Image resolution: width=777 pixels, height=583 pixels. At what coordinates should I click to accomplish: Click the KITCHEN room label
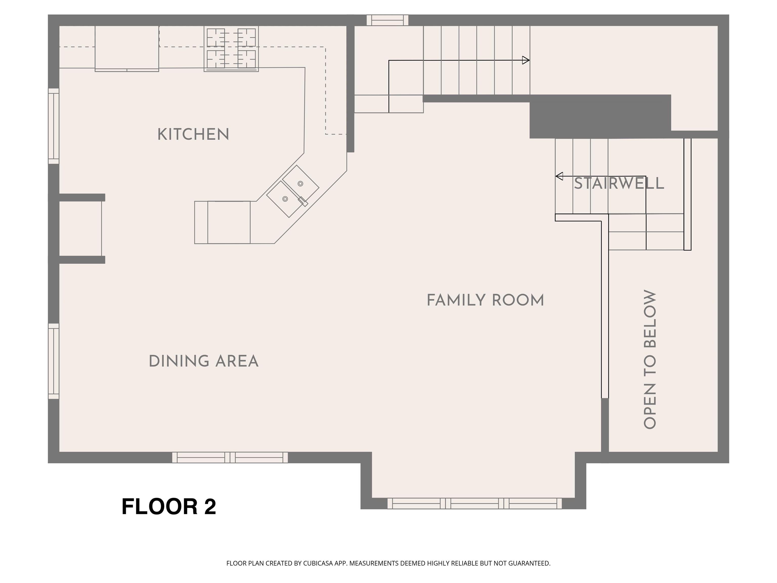click(193, 135)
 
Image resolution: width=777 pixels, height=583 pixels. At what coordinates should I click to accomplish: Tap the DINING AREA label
click(203, 361)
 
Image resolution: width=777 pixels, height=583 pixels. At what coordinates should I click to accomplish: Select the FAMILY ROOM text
click(485, 300)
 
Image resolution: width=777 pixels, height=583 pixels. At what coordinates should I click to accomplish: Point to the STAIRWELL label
click(619, 184)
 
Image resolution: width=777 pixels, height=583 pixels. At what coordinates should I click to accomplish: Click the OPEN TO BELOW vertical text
click(650, 359)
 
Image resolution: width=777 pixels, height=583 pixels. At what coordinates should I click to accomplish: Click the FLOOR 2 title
click(169, 506)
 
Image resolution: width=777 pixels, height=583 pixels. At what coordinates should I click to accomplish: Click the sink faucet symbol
click(303, 202)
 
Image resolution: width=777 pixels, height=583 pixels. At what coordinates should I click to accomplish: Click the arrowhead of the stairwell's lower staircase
click(559, 176)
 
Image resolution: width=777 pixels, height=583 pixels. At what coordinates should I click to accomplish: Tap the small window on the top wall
click(387, 20)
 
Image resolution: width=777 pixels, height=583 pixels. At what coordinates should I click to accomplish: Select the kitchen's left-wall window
click(53, 126)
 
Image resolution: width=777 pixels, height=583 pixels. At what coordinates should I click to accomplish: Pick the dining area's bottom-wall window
click(230, 457)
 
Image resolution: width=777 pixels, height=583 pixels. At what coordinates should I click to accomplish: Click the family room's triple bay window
click(474, 503)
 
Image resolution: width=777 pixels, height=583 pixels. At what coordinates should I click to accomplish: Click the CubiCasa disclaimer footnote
click(388, 563)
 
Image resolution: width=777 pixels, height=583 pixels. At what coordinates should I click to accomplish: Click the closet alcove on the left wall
click(80, 228)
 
